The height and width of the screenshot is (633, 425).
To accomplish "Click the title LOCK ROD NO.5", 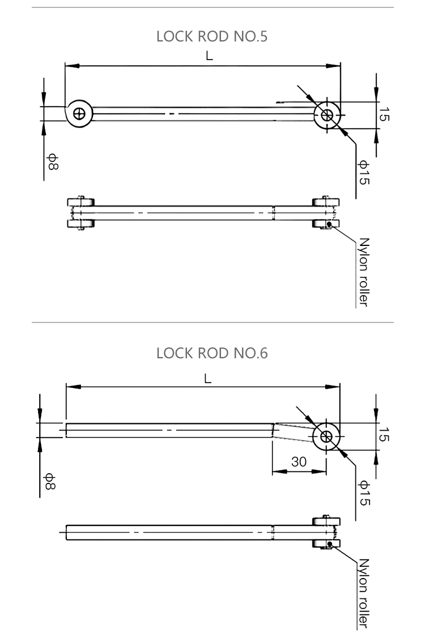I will tap(212, 37).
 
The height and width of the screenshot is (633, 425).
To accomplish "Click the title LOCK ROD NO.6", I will tap(212, 353).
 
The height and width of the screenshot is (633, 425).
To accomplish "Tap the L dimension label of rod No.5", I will tap(209, 56).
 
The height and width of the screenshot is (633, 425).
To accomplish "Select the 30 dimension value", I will tap(299, 462).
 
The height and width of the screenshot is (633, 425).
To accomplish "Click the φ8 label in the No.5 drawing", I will tap(52, 162).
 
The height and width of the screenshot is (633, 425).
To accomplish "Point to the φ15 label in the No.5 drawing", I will tap(364, 172).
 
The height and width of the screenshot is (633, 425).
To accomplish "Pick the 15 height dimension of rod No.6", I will tap(384, 436).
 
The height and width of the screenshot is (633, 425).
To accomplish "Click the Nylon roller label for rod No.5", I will tap(364, 272).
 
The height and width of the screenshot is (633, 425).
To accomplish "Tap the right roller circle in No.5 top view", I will tap(328, 115).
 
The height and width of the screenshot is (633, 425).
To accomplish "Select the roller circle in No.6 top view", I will tap(327, 436).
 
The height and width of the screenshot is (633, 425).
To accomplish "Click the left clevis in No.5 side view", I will tap(80, 213).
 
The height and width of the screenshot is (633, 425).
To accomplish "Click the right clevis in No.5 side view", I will tap(326, 213).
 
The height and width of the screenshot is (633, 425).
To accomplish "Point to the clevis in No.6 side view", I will tap(326, 533).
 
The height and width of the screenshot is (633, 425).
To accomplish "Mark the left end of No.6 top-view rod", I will tap(67, 430).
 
